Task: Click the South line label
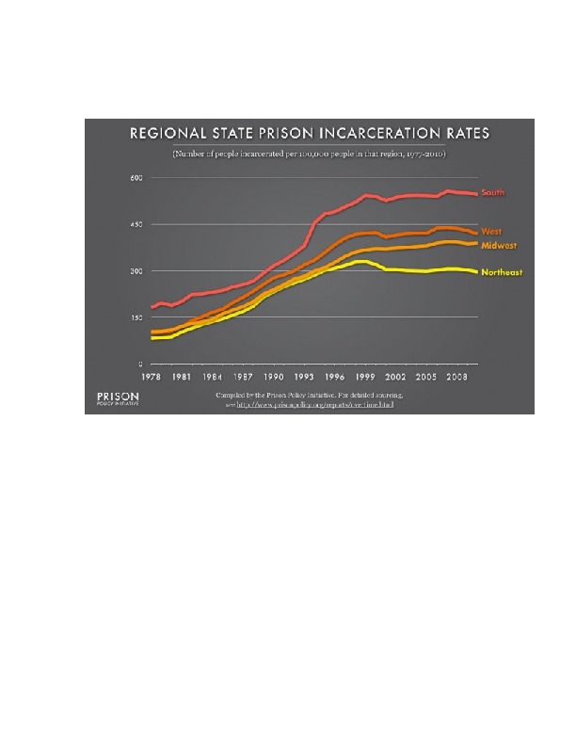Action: pyautogui.click(x=493, y=194)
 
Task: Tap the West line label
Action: pyautogui.click(x=491, y=231)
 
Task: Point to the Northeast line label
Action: pyautogui.click(x=502, y=273)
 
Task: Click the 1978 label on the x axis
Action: pyautogui.click(x=150, y=376)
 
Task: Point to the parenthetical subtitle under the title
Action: pyautogui.click(x=302, y=153)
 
